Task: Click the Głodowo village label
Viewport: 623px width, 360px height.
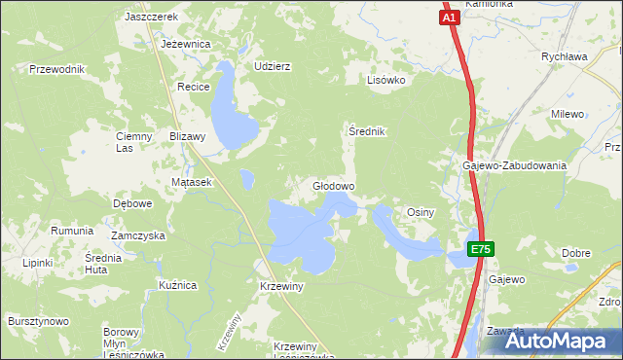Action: coord(333,185)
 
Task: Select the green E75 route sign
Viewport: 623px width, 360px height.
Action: coord(480,250)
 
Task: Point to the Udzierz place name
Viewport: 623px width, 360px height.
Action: coord(273,66)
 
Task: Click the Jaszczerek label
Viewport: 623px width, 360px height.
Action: coord(151,18)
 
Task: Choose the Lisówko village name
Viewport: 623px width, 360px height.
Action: coord(385,81)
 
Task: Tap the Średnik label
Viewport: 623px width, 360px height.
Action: coord(368,130)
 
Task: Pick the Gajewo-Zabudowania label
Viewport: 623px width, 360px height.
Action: coord(514,165)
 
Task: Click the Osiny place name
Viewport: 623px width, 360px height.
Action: coord(420,211)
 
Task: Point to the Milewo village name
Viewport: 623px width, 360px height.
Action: coord(567,114)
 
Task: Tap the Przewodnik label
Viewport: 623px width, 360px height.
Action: coord(58,69)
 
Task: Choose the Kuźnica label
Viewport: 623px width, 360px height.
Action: coord(178,285)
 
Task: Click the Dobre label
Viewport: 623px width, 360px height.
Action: coord(576,253)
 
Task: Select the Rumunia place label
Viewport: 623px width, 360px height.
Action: coord(72,231)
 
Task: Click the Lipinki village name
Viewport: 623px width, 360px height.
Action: coord(38,263)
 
